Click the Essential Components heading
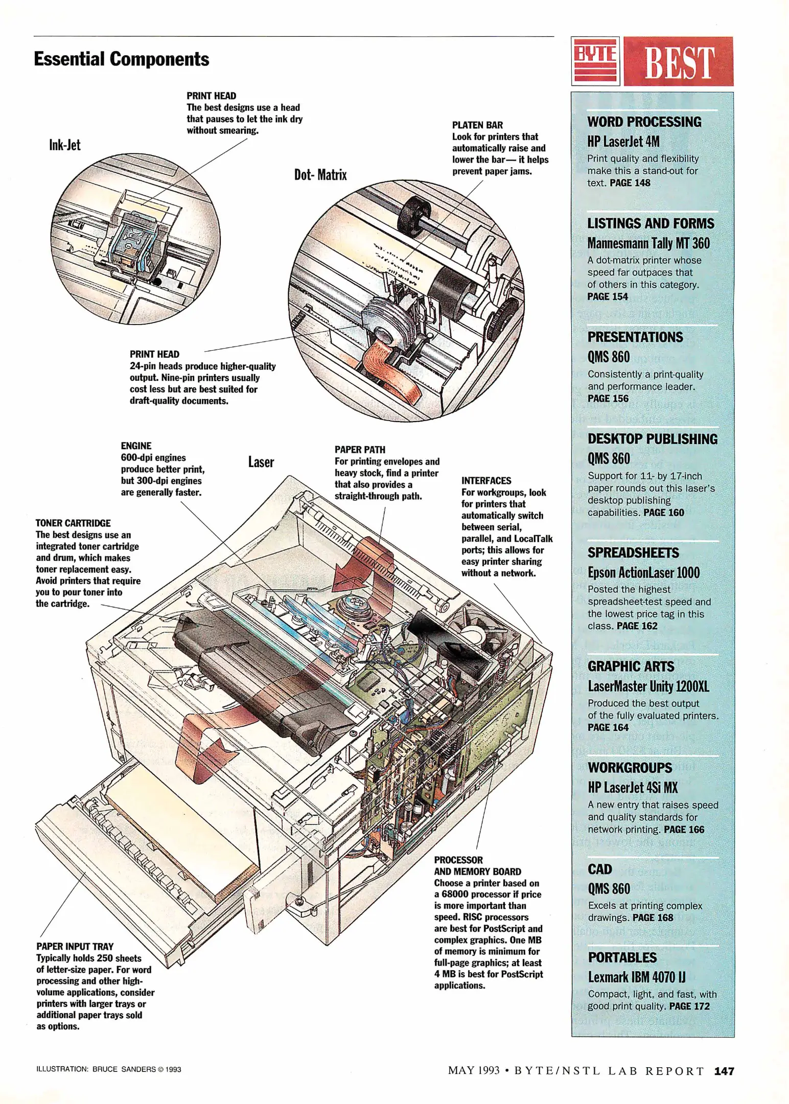tap(121, 59)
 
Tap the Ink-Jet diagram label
tap(64, 145)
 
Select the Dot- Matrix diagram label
tap(320, 175)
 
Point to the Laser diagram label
tap(261, 462)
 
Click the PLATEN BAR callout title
tap(477, 125)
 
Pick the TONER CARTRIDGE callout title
tap(73, 523)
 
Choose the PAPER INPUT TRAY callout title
tap(75, 946)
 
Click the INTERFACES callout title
tap(486, 480)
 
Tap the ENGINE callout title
tap(136, 446)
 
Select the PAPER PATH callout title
tap(360, 450)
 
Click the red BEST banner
tap(679, 62)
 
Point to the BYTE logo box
tap(595, 61)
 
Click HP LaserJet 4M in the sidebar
tap(623, 142)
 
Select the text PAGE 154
tap(608, 296)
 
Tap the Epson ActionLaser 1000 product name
tap(643, 572)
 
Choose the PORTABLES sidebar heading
tap(622, 957)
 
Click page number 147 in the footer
tap(724, 1071)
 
